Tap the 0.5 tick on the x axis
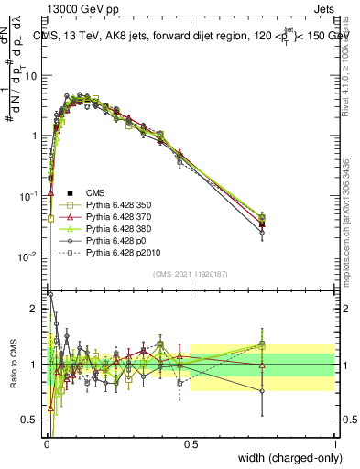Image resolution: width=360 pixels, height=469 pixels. pyautogui.click(x=191, y=444)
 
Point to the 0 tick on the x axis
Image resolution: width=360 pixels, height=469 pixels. pyautogui.click(x=46, y=444)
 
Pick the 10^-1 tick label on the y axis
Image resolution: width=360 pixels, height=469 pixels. pyautogui.click(x=29, y=195)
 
